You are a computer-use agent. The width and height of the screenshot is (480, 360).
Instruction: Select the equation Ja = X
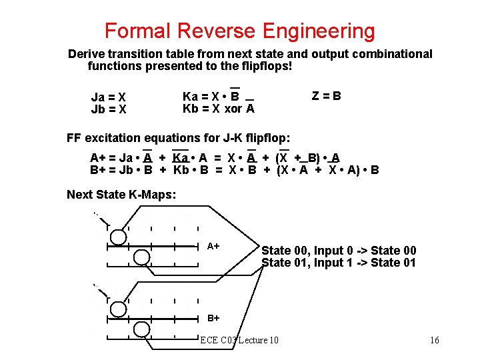coord(109,97)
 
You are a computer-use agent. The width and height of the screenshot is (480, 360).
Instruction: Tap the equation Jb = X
coord(109,109)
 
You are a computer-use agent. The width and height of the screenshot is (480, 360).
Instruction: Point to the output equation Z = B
coord(327,96)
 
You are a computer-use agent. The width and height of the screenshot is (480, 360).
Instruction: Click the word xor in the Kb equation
coord(233,108)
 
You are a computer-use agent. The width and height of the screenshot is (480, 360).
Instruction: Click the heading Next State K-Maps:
coord(121,195)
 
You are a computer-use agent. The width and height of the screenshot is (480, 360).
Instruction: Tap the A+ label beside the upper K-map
coord(213,246)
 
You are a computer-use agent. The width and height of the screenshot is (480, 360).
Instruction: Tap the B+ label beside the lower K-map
coord(213,317)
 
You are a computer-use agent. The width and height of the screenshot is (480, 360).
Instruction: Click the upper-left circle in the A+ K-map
coord(118,237)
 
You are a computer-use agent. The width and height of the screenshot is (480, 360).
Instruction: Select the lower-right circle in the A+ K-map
coord(141,257)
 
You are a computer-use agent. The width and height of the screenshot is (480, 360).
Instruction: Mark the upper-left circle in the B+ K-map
coord(118,309)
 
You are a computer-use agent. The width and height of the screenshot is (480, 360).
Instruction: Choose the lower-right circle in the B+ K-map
coord(141,329)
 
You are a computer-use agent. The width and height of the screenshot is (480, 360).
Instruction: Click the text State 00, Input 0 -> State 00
coord(339,251)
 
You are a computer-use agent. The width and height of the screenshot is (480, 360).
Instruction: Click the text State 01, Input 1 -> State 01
coord(339,263)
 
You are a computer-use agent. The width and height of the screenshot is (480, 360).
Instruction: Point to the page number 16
coord(435,341)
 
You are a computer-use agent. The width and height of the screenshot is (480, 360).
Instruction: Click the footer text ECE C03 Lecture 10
coord(239,341)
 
